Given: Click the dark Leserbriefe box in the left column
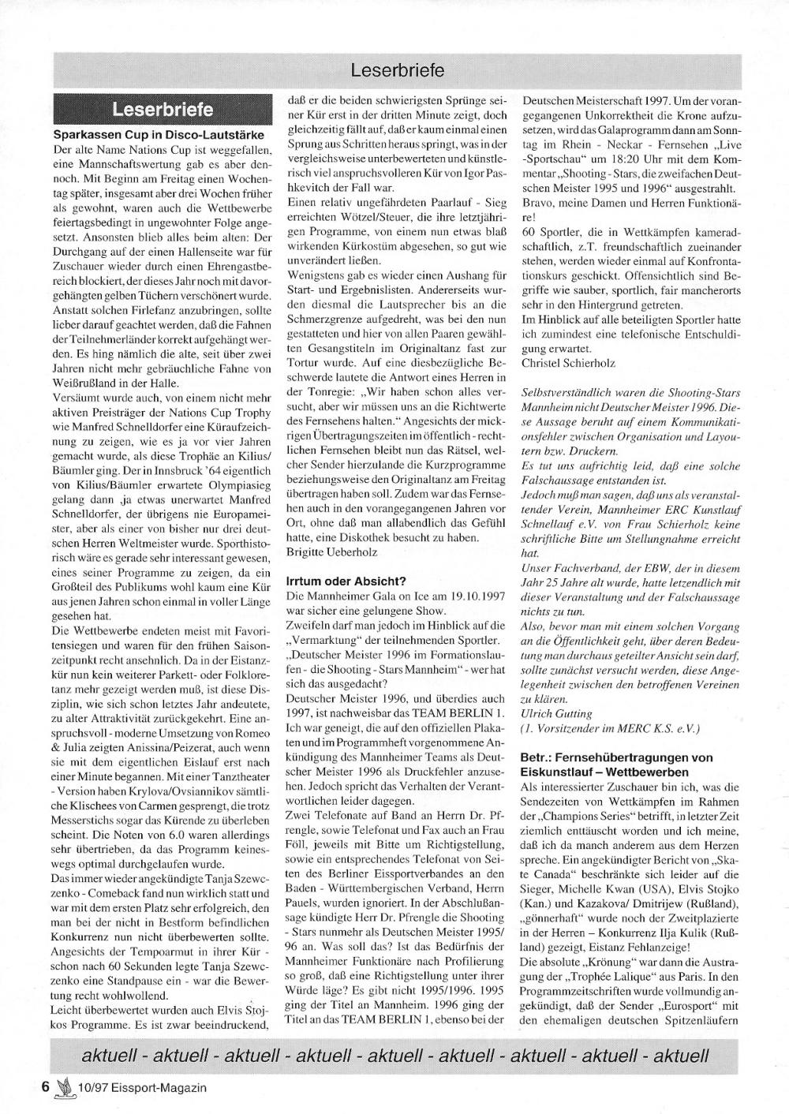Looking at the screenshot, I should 162,108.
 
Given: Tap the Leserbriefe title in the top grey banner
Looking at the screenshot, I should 398,70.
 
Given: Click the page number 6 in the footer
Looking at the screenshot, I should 46,1087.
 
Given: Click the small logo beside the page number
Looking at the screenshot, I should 65,1087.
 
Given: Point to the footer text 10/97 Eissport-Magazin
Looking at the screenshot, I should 143,1088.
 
